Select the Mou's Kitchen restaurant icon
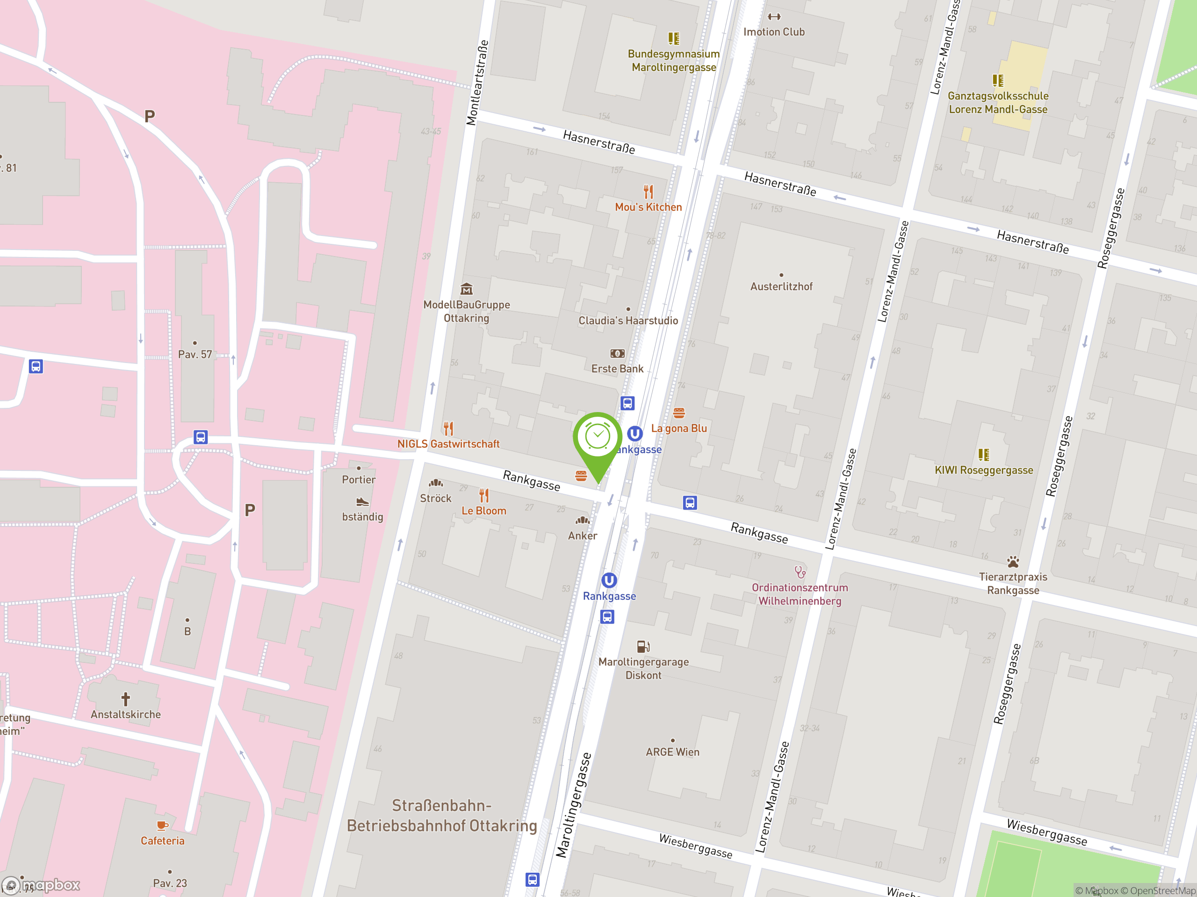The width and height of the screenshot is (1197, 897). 648,192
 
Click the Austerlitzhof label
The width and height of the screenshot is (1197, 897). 781,286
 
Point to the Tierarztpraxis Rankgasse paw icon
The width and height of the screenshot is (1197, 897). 1013,561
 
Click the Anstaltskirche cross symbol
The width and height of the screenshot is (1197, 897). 125,699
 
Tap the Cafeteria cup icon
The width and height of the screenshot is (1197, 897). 162,825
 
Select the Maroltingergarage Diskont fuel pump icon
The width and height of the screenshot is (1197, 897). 643,647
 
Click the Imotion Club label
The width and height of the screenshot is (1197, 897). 774,32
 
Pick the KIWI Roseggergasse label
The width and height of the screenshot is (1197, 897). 983,470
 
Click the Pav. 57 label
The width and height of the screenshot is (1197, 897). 195,355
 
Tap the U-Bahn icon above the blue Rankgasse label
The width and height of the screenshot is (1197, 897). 609,580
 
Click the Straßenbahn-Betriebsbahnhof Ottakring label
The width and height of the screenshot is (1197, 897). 441,816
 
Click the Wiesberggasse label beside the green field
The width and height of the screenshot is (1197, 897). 1046,832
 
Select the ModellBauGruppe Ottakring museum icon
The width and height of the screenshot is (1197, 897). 467,289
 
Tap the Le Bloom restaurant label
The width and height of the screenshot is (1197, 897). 484,511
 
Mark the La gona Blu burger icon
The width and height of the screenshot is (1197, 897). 679,413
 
